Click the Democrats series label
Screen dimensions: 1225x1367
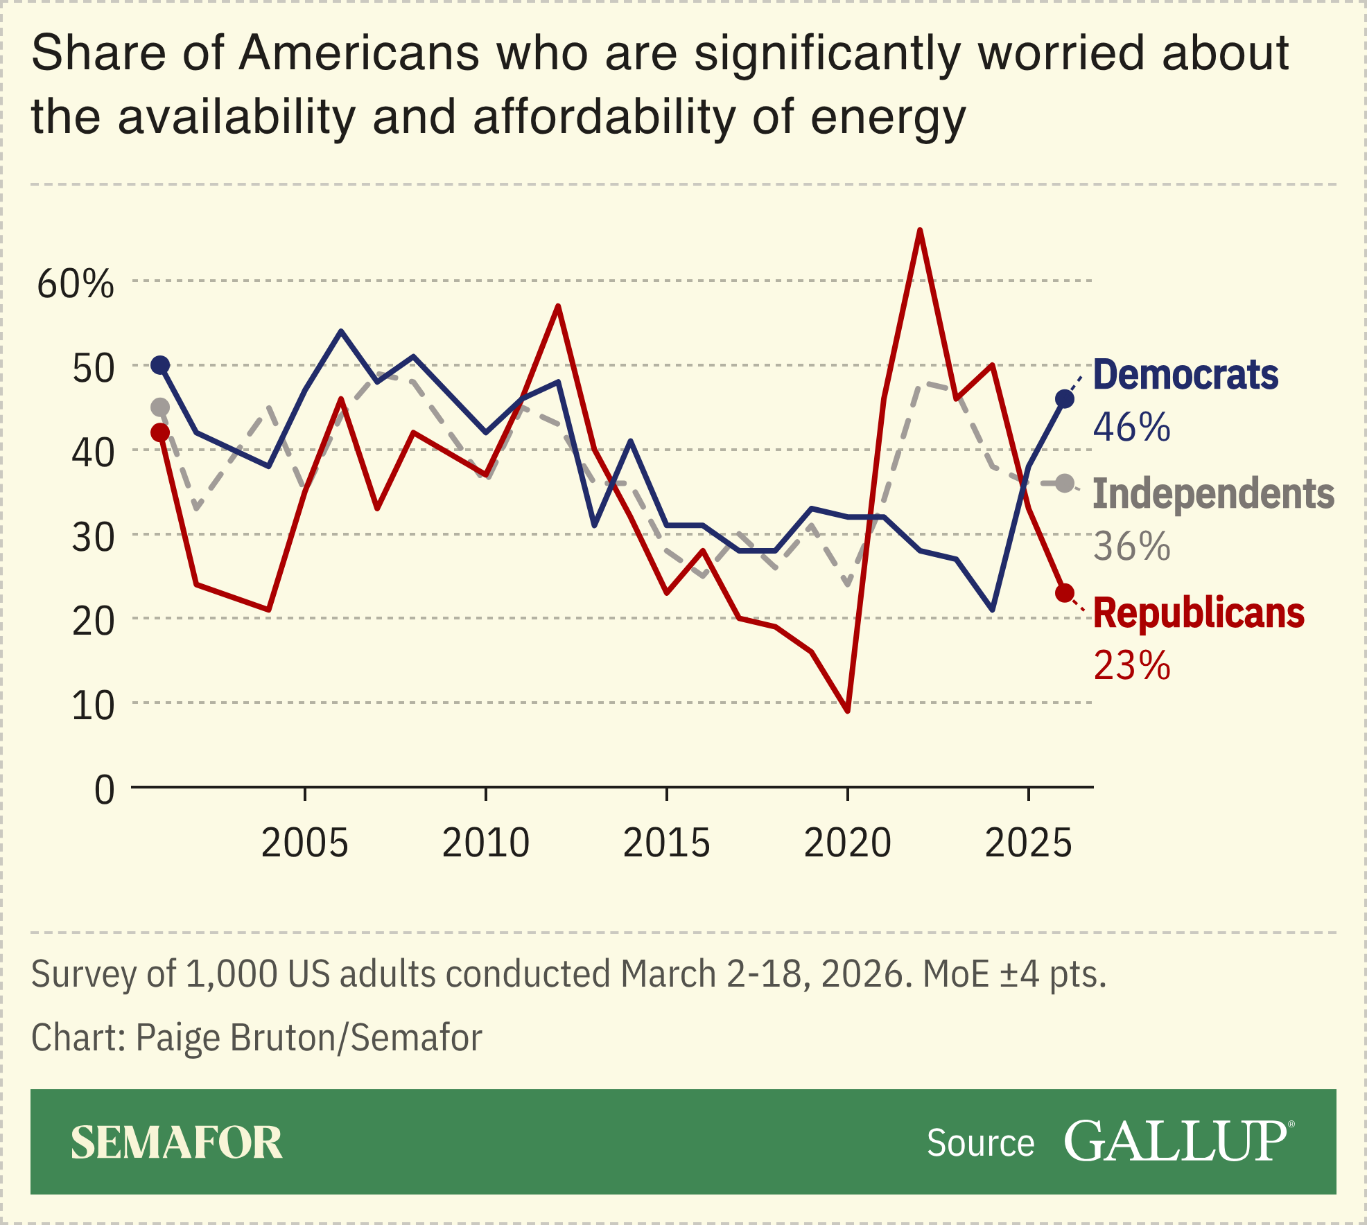click(x=1185, y=376)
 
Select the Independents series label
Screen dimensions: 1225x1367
click(x=1213, y=494)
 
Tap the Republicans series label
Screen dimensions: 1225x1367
click(x=1199, y=614)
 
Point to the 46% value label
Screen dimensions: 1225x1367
click(x=1131, y=427)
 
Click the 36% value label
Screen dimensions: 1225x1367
click(x=1131, y=547)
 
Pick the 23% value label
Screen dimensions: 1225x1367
click(x=1131, y=666)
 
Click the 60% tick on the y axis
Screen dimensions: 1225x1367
click(x=76, y=284)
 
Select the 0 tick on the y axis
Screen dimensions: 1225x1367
click(x=104, y=790)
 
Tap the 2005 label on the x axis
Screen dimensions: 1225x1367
click(x=305, y=843)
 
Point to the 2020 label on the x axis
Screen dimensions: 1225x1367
click(x=847, y=843)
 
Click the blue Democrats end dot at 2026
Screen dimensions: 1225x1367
click(x=1065, y=399)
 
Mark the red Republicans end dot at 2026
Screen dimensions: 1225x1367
click(x=1065, y=593)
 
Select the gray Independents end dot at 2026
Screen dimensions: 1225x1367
click(x=1065, y=484)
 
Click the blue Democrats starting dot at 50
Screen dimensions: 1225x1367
click(x=160, y=365)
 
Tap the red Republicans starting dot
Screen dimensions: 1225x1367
click(x=160, y=432)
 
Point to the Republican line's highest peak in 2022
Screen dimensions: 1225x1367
click(x=920, y=231)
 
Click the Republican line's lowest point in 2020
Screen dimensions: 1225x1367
click(x=848, y=711)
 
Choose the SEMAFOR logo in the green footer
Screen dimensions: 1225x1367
click(x=177, y=1143)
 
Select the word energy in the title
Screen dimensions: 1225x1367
click(x=887, y=118)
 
